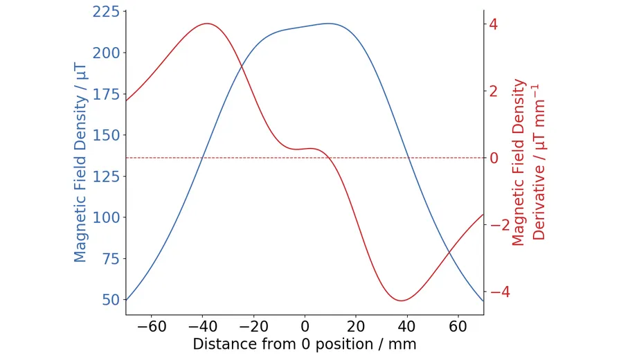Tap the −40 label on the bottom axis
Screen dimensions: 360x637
202,326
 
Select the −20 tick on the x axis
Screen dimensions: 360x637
253,326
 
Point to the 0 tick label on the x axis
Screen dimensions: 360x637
305,326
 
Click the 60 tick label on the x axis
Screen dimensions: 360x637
458,326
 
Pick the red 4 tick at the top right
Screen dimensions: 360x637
494,24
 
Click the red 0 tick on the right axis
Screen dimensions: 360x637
494,158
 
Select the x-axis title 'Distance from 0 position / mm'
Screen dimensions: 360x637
305,344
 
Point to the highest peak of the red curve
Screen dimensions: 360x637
207,24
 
